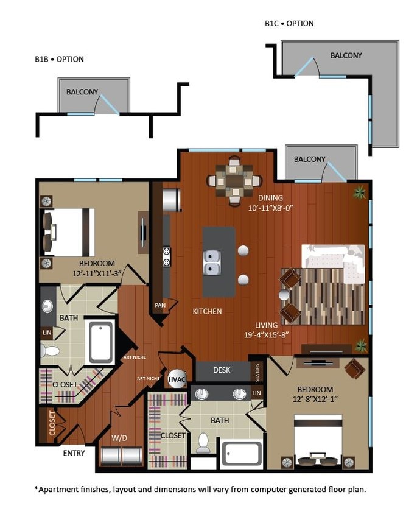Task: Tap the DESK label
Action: [x=222, y=370]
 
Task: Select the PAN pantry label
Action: [x=160, y=305]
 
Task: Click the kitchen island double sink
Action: [x=212, y=262]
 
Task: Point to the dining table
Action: [x=234, y=180]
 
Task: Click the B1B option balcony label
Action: [x=82, y=92]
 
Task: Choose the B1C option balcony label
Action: [x=346, y=55]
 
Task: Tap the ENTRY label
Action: [x=74, y=453]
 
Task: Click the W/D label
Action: [x=119, y=437]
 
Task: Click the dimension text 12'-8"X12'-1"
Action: [x=315, y=400]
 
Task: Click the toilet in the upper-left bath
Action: [x=51, y=351]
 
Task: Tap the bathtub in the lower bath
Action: [x=241, y=454]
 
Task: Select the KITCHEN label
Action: [x=207, y=311]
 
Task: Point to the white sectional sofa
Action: [x=335, y=262]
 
